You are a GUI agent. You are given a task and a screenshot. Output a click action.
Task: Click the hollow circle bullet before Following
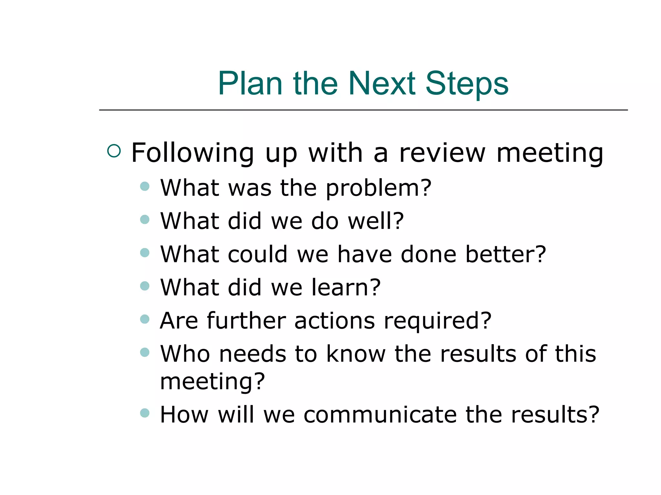(x=114, y=151)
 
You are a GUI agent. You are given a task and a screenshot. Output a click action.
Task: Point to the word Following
(x=193, y=153)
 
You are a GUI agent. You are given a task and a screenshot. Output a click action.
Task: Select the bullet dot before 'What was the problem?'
(x=145, y=186)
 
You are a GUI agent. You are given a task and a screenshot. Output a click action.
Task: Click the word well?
(x=376, y=221)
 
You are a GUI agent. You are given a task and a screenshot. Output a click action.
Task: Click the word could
(x=257, y=254)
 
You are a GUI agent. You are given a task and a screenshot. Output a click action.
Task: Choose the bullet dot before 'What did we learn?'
(x=145, y=286)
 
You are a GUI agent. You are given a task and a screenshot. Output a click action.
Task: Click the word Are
(x=179, y=321)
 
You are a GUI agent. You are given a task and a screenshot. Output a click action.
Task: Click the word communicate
(x=380, y=415)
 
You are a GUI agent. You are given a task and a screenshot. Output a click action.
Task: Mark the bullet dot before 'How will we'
(x=145, y=413)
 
